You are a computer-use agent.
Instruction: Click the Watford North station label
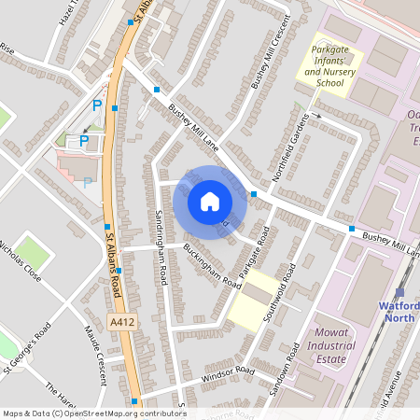click(x=399, y=311)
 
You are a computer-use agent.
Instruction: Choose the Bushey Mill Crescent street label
click(x=267, y=58)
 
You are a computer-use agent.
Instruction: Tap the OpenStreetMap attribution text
click(x=94, y=413)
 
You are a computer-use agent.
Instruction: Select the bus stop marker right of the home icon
click(x=254, y=194)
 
